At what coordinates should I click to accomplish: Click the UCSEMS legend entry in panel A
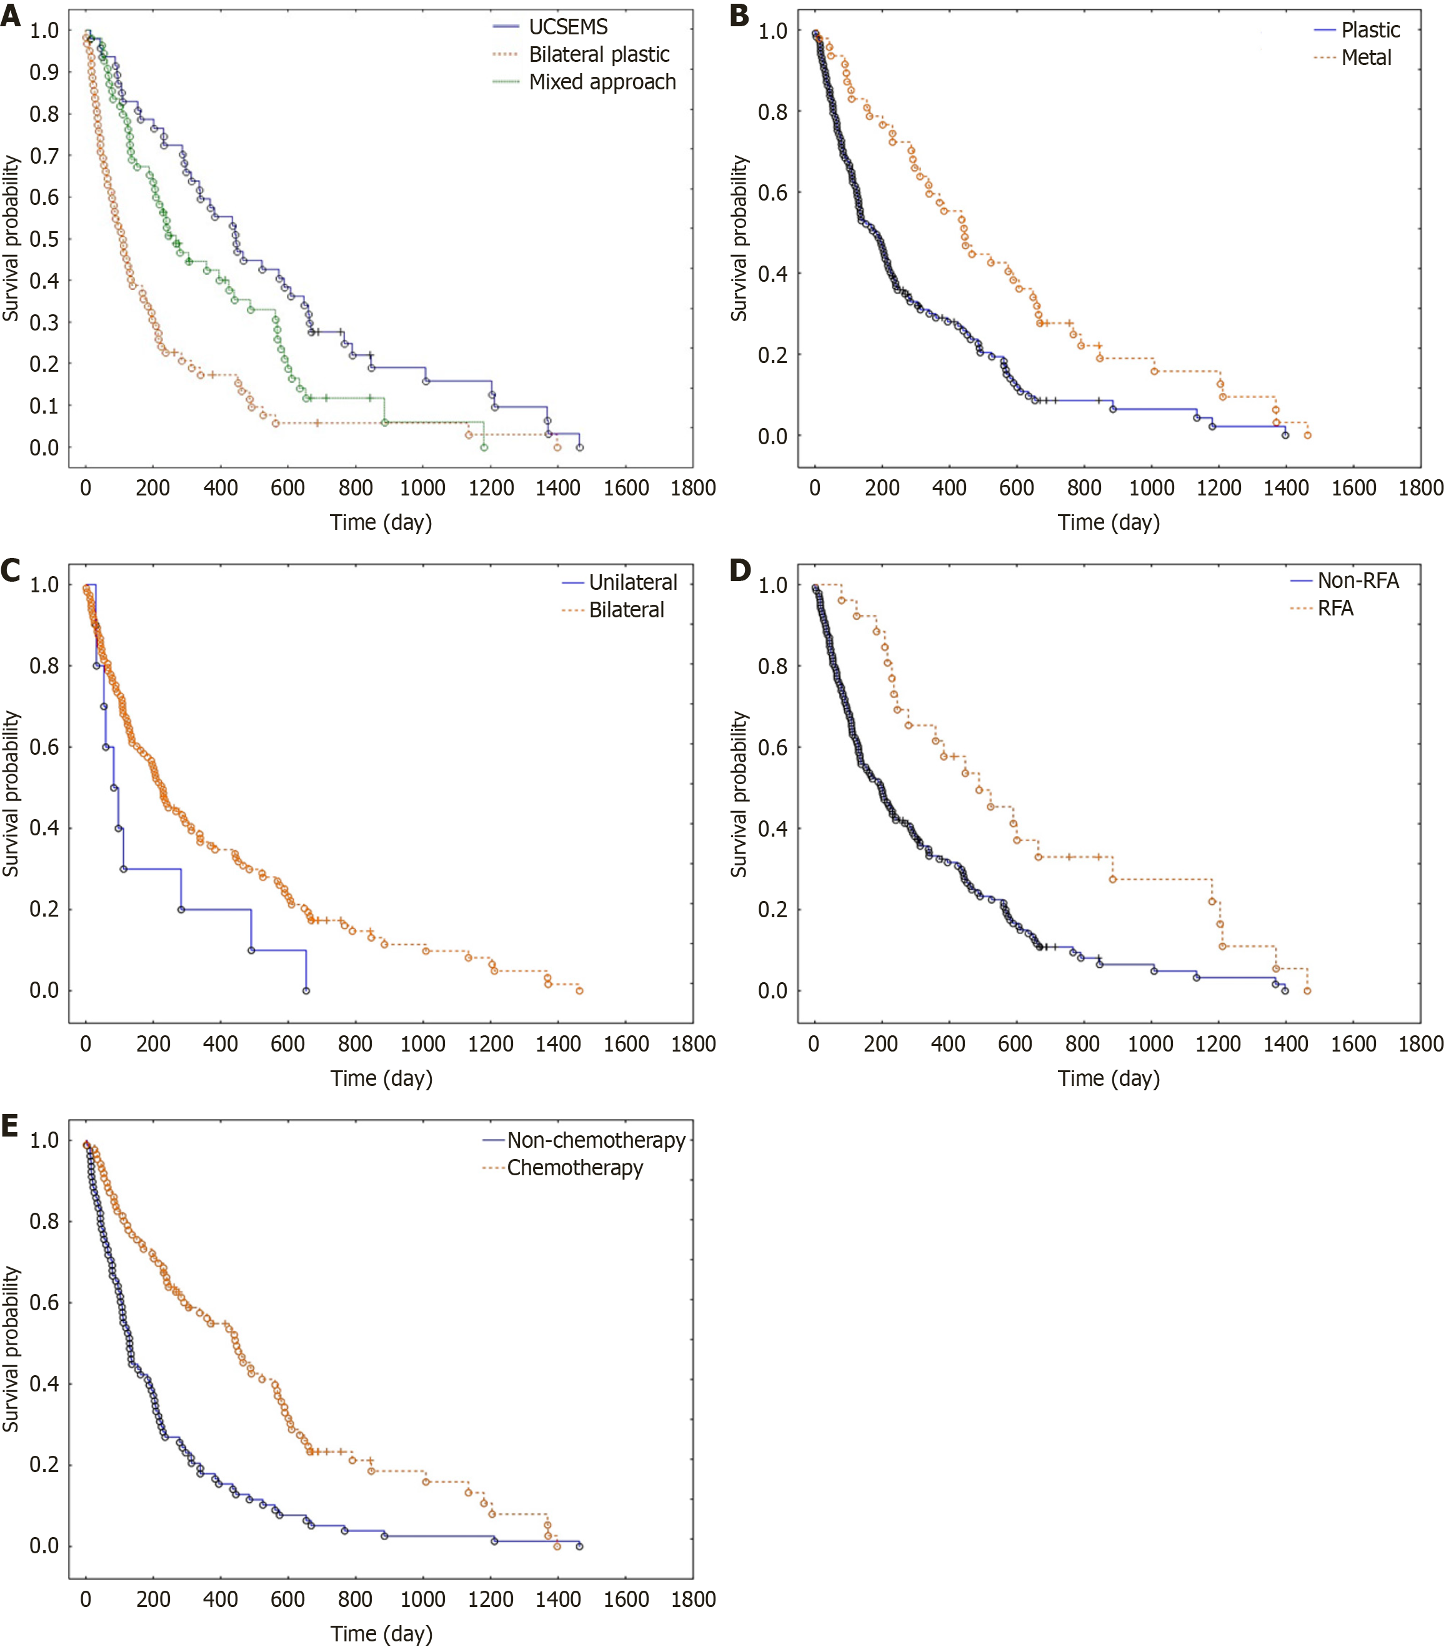pos(568,27)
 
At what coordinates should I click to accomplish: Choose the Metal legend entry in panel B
pos(1366,57)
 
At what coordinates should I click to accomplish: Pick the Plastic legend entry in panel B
pos(1370,30)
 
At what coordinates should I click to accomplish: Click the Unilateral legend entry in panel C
pos(632,582)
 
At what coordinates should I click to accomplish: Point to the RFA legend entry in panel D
pos(1335,608)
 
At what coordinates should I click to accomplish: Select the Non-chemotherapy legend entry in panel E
pos(596,1140)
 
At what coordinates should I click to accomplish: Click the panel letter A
pos(11,16)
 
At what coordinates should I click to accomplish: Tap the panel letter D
pos(740,570)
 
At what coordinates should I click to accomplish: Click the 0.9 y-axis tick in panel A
pos(44,72)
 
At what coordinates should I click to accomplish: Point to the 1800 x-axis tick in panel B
pos(1420,487)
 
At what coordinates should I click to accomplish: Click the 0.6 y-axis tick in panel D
pos(772,747)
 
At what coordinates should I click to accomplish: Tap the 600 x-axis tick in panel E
pos(288,1599)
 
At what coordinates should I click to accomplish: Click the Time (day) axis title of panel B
pos(1109,522)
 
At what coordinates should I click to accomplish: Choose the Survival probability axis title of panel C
pos(11,794)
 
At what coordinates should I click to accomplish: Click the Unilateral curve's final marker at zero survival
pos(306,990)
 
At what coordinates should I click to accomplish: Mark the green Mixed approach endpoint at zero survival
pos(484,447)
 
